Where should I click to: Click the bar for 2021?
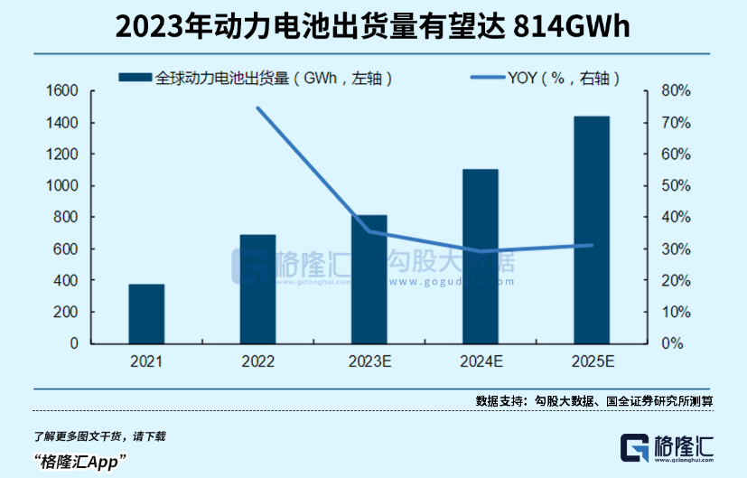click(146, 314)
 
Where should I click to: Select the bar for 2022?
click(257, 289)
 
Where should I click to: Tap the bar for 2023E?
click(369, 279)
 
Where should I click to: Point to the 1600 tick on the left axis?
click(62, 91)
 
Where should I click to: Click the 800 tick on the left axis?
click(67, 218)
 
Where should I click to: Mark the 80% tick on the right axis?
click(676, 91)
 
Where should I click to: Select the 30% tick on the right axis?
click(676, 249)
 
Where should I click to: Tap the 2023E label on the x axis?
click(369, 362)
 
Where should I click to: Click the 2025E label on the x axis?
click(593, 362)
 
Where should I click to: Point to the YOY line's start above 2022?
click(257, 108)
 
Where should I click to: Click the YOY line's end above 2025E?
click(592, 245)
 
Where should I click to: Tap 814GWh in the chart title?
click(569, 28)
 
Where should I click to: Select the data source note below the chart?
click(594, 401)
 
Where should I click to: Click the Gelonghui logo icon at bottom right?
click(635, 449)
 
